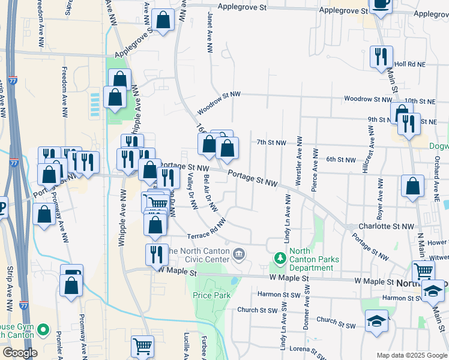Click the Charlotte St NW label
point(387,227)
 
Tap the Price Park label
point(208,295)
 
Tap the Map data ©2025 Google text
point(411,355)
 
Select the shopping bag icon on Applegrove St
point(163,20)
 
